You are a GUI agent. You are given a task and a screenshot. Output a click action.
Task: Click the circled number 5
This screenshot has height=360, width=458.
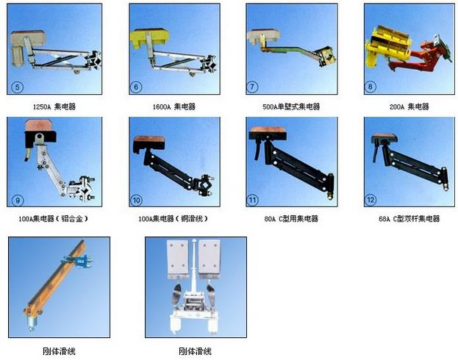coord(17,87)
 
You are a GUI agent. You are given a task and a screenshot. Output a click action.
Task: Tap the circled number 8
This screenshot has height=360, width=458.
coord(370,87)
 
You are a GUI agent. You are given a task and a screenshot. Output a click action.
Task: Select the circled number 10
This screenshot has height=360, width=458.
coord(137,201)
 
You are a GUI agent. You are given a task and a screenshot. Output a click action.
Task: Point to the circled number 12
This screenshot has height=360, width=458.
coord(371,200)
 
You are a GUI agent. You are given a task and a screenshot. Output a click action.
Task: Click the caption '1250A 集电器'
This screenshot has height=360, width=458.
coord(54,107)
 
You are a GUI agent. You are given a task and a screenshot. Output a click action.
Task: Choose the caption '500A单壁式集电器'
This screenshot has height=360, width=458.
coord(291,107)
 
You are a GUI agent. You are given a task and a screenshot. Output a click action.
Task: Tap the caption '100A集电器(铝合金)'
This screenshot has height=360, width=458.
coord(53,218)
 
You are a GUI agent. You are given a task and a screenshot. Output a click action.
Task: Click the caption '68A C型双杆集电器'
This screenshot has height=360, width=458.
coord(409,218)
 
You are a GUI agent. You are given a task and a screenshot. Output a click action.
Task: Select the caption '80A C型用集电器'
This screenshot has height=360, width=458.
coord(291,218)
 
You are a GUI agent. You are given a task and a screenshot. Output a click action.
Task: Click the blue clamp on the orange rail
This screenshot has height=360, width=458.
coord(79,261)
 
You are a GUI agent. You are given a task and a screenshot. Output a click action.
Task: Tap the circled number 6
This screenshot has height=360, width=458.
coord(136,87)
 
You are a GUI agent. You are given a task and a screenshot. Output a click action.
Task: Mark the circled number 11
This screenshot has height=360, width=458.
coord(252,200)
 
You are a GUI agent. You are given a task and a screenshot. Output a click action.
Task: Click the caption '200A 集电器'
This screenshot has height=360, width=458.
coord(409,107)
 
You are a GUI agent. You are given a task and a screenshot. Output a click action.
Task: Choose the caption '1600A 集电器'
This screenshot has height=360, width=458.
coord(174,107)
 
